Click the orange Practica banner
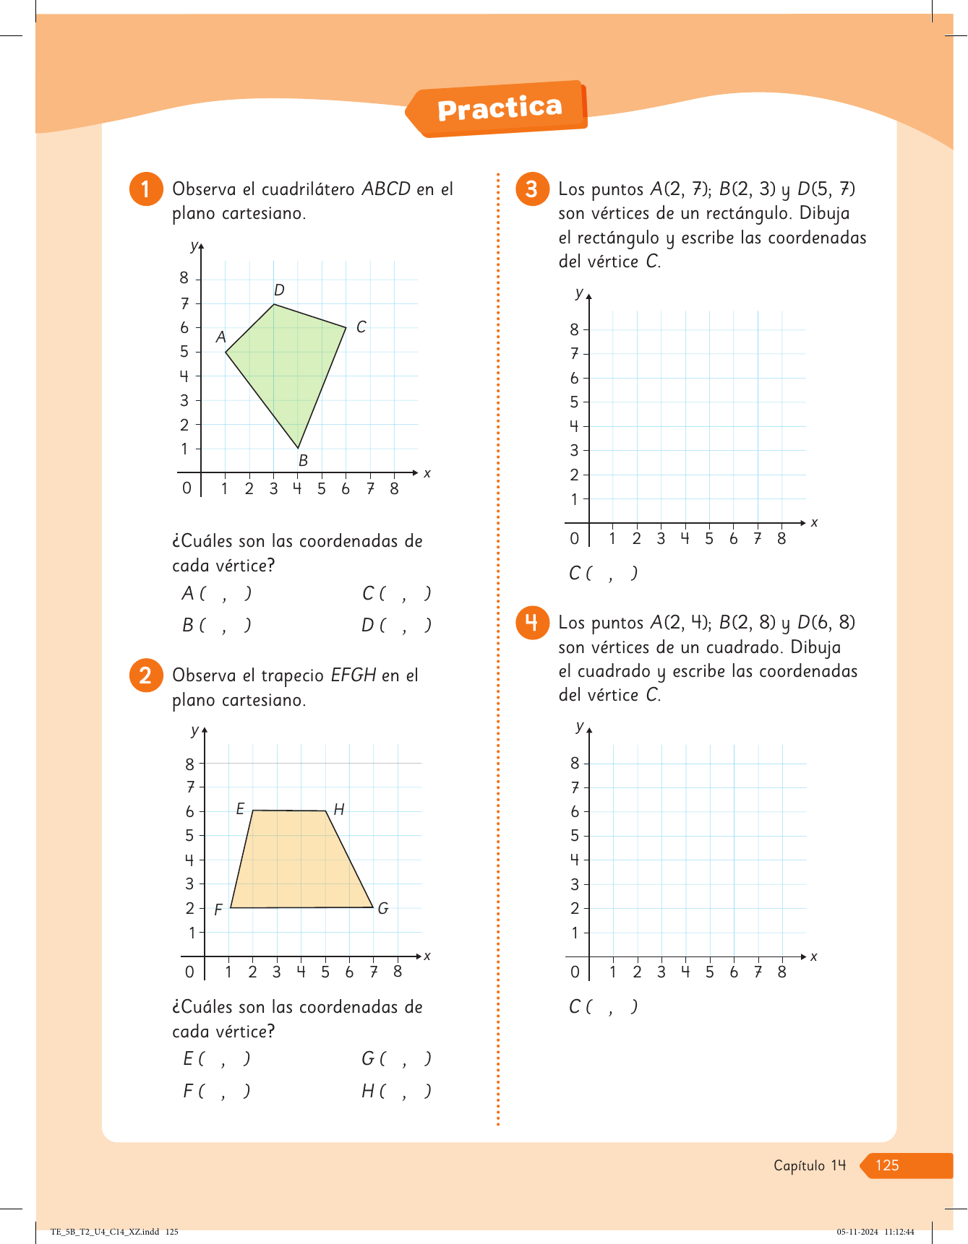500,109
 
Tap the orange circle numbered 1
145,189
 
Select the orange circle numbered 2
145,675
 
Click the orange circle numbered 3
532,189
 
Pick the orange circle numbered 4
532,622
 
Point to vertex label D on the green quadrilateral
279,290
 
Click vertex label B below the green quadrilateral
303,460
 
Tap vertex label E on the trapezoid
241,809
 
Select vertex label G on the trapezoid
383,909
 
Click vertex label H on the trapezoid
338,810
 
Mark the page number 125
887,1165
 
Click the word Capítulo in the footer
799,1165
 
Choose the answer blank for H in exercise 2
396,1091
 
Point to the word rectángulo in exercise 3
617,238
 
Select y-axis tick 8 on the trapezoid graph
190,764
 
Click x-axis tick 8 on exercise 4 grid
781,972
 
